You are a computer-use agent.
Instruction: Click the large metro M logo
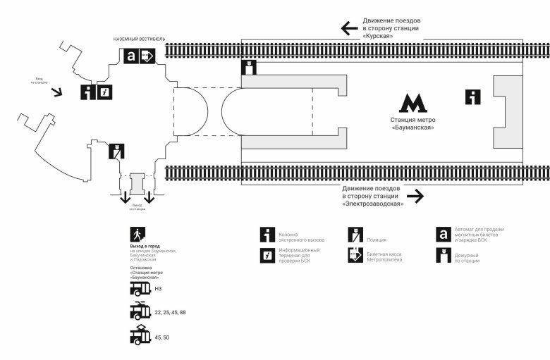pos(412,103)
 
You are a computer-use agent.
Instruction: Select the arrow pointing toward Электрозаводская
pos(416,197)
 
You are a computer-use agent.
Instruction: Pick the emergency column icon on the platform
pos(472,97)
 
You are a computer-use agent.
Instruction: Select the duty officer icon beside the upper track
pos(248,68)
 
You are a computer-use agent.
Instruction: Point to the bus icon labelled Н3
pos(140,289)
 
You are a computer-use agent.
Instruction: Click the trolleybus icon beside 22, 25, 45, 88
pos(140,311)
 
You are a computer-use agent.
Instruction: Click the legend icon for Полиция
pos(355,235)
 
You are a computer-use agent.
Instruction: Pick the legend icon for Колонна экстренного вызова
pos(267,235)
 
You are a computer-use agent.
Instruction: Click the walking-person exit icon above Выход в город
pos(137,235)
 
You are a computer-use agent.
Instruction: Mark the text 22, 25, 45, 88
pos(170,311)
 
